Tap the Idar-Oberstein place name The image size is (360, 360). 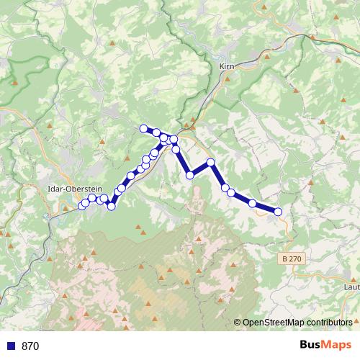[x=70, y=189]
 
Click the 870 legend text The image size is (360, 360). [x=30, y=346]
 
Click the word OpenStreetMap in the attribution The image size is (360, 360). [x=271, y=323]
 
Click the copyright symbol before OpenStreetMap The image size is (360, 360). [x=238, y=323]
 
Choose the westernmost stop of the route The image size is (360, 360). [x=82, y=206]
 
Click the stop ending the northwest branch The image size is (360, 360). [x=143, y=129]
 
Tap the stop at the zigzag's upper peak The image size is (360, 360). [x=211, y=162]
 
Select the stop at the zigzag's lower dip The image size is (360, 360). [x=190, y=175]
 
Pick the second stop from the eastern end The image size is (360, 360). [x=253, y=204]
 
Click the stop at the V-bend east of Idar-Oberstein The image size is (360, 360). [x=112, y=207]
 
